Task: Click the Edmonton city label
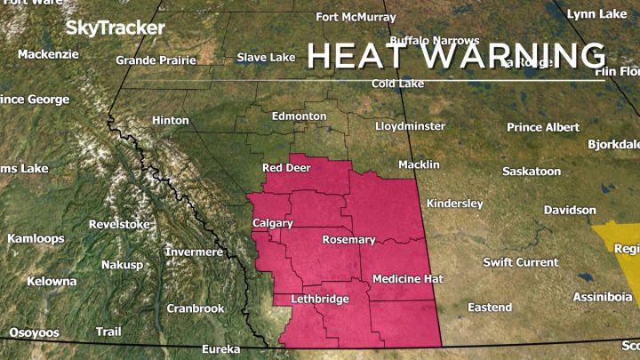(x=300, y=116)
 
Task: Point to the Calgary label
(x=273, y=222)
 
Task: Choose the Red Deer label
(x=285, y=168)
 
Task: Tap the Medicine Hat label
(x=407, y=279)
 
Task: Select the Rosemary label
(x=348, y=240)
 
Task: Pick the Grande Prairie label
(x=156, y=60)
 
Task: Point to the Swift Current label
(x=521, y=262)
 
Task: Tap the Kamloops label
(x=36, y=239)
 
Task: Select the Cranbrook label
(x=196, y=308)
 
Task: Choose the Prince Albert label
(x=543, y=127)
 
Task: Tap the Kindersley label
(x=454, y=204)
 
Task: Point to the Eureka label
(x=221, y=348)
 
